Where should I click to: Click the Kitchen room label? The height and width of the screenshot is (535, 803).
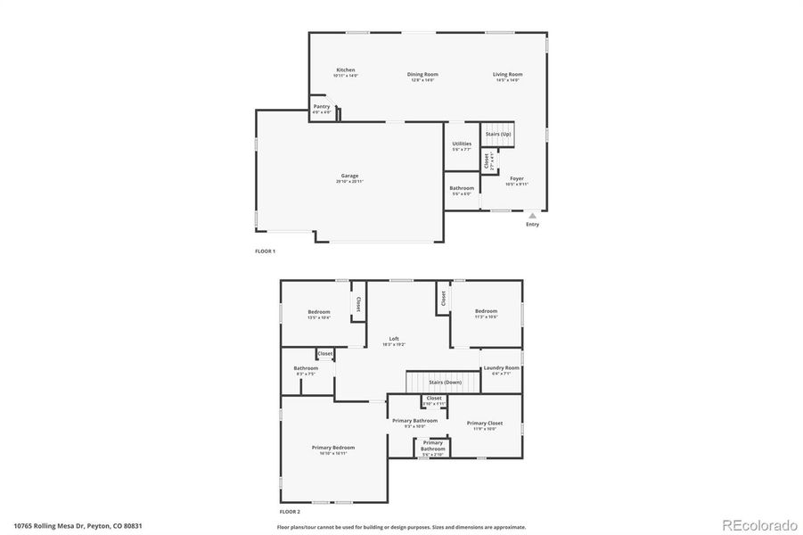point(346,70)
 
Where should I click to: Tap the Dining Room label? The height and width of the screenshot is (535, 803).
point(423,75)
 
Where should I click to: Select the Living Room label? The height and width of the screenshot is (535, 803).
point(509,75)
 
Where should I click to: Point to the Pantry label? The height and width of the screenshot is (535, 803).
point(322,107)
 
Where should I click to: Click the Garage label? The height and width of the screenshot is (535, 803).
point(349,177)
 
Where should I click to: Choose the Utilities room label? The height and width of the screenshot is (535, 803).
point(462,144)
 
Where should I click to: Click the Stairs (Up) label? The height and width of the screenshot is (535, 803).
point(498,134)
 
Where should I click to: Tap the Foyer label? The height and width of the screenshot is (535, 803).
point(517,179)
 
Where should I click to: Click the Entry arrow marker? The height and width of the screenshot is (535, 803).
point(532,215)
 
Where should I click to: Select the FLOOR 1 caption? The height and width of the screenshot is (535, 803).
point(266,251)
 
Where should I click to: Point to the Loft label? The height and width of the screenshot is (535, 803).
point(394,340)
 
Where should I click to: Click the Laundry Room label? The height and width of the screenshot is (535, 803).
point(500,368)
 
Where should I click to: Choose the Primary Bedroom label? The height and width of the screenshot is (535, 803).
point(333,448)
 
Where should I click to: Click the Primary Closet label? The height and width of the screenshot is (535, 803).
point(485,424)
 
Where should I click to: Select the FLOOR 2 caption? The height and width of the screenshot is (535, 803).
point(290,512)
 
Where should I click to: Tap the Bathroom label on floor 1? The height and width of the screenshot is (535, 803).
point(462,189)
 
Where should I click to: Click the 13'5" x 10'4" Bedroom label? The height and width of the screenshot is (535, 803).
point(319,313)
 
